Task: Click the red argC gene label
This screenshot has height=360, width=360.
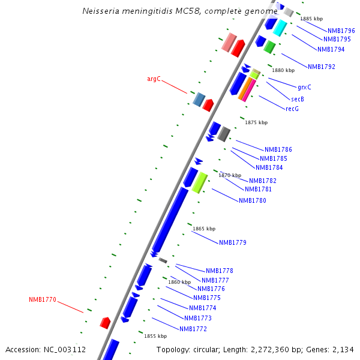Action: tap(154, 79)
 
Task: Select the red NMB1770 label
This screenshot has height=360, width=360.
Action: tap(43, 299)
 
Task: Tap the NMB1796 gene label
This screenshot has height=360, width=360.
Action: tap(341, 31)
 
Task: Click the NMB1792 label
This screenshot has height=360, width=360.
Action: tap(322, 67)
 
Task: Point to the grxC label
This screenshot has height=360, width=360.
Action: tap(304, 87)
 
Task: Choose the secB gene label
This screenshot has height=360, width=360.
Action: tap(298, 99)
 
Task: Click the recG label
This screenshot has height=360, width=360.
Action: tap(292, 109)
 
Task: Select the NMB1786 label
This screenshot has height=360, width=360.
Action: tap(278, 149)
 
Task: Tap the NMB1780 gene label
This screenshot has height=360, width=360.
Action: tap(253, 200)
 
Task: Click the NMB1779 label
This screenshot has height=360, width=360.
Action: tap(233, 242)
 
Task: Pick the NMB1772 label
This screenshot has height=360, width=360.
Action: tap(193, 329)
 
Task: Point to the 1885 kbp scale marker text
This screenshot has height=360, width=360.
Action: tap(311, 19)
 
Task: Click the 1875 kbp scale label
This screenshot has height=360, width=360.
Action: tap(256, 122)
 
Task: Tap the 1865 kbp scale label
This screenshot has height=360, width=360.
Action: tap(204, 229)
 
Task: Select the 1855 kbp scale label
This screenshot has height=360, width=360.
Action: tap(155, 336)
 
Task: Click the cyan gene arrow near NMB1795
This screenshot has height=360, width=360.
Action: tap(280, 28)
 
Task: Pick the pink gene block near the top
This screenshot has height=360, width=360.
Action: tap(229, 42)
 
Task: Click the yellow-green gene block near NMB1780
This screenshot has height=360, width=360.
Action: tap(199, 182)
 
